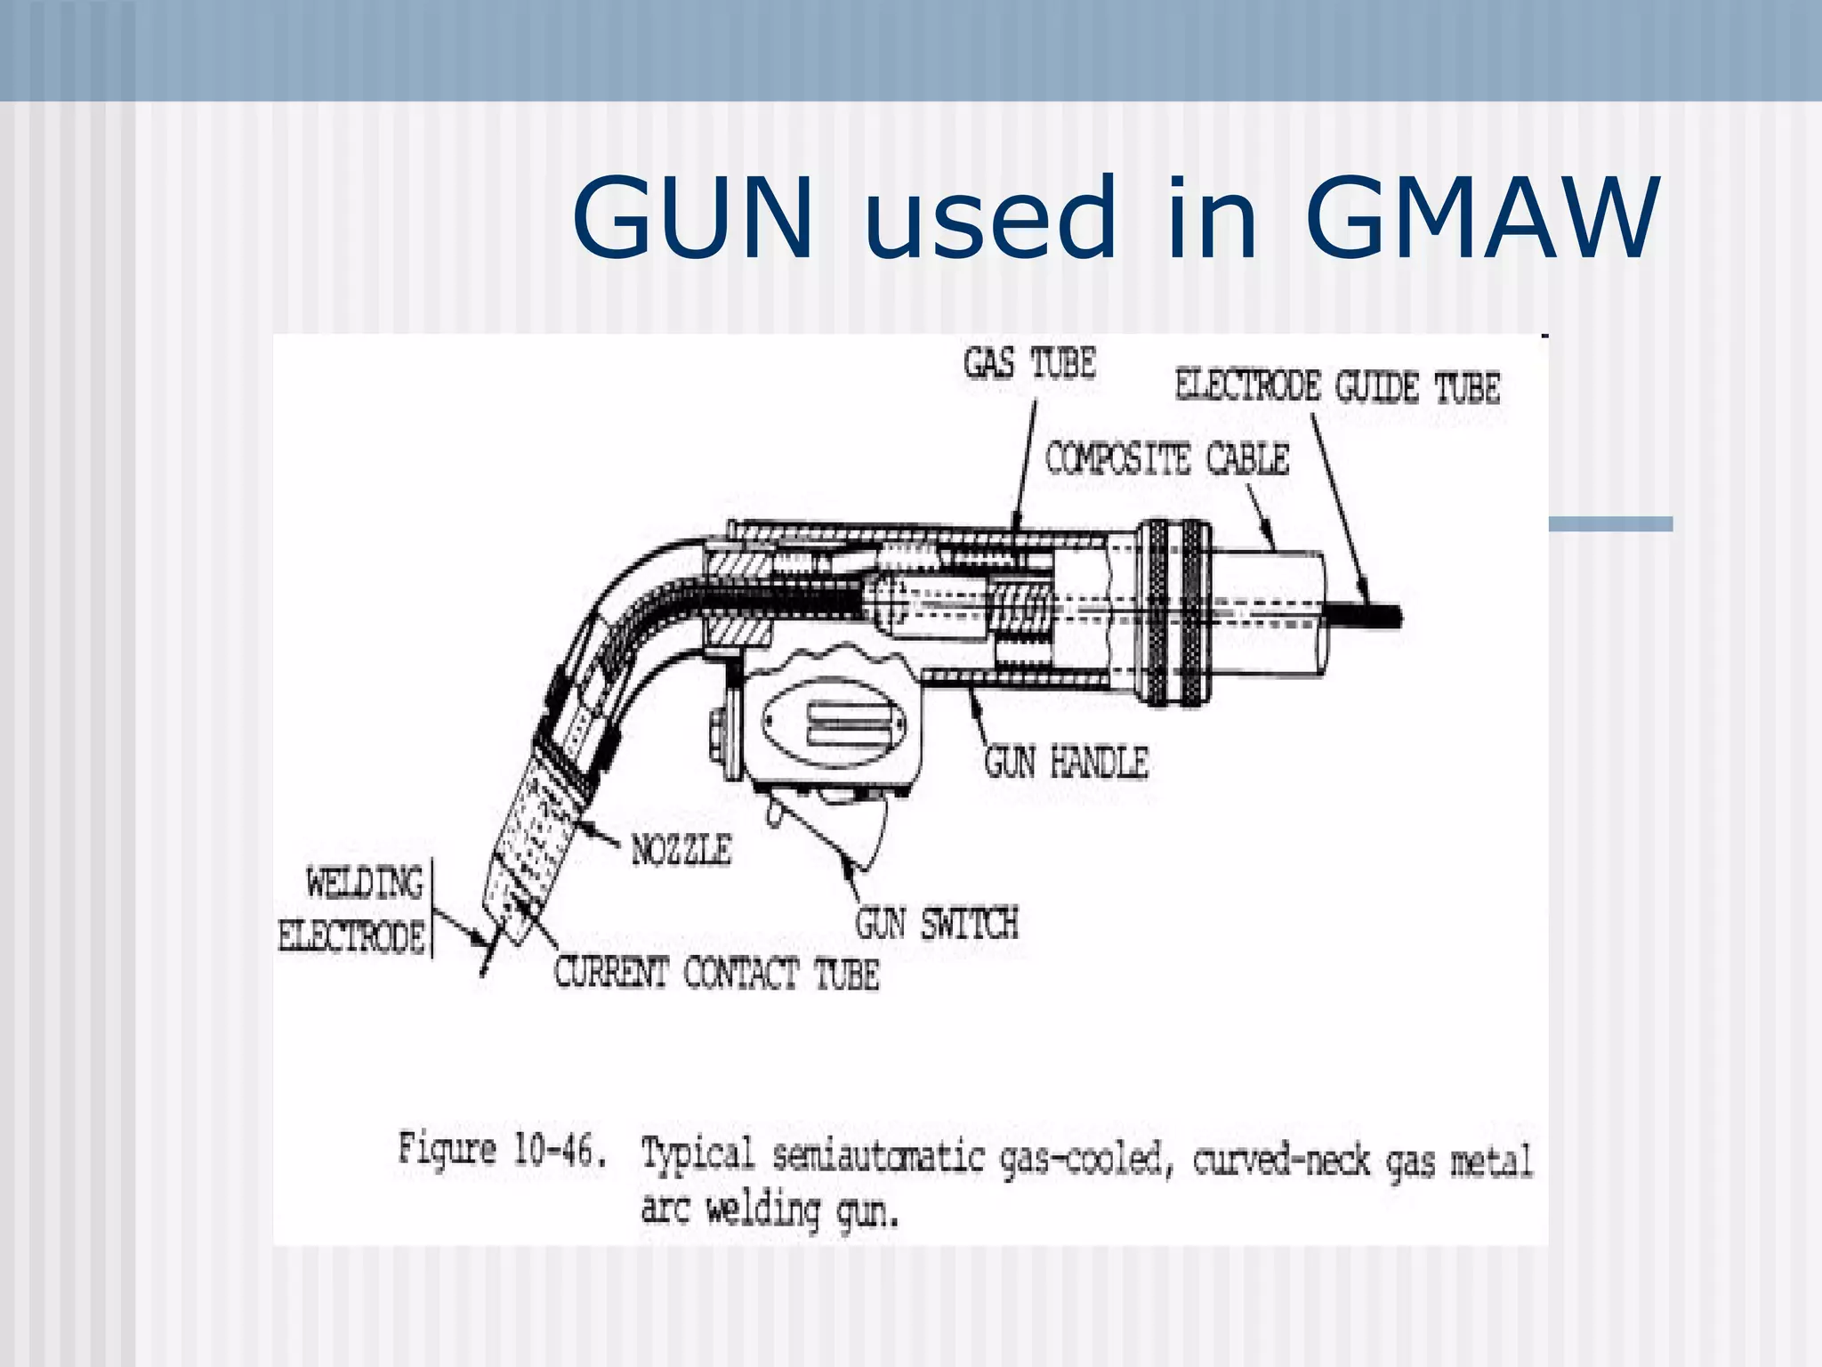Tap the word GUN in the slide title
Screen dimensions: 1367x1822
[x=692, y=220]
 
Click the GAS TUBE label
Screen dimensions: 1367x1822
[x=1029, y=364]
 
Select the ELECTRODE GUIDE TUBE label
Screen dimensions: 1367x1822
[x=1337, y=388]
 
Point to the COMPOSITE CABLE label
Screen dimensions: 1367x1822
[x=1166, y=459]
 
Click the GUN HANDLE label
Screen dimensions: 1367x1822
[x=1066, y=764]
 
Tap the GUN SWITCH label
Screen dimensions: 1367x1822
[x=936, y=924]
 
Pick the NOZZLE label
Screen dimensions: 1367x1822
[x=681, y=851]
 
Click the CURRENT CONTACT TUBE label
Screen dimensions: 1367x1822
[x=716, y=973]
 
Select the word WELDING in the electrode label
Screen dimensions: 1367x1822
[x=365, y=884]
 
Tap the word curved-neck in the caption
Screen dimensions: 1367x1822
[x=1281, y=1160]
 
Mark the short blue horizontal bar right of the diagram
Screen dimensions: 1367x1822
[x=1610, y=524]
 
